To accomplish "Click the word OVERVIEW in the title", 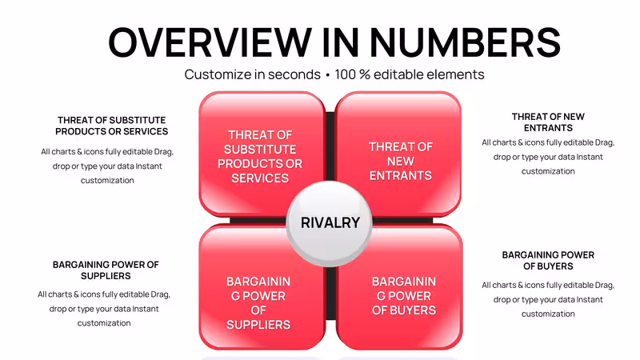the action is click(x=210, y=42).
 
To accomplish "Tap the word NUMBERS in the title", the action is click(x=465, y=42).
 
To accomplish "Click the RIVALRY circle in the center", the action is click(x=330, y=223).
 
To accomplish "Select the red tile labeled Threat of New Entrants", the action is click(x=398, y=154).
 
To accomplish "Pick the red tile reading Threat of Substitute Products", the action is click(x=262, y=154).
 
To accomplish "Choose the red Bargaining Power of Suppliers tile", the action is click(x=262, y=287).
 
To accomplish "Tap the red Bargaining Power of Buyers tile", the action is click(x=399, y=287).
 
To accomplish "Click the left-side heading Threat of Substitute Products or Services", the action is click(x=111, y=126).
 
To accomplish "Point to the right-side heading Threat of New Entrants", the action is click(x=548, y=122).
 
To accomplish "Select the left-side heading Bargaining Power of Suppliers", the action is click(x=106, y=270).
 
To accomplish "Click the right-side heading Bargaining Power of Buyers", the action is click(x=548, y=261).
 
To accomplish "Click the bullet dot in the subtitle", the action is click(x=327, y=75).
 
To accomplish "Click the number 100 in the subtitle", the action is click(x=345, y=74).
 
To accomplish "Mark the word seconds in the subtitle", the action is click(x=294, y=74).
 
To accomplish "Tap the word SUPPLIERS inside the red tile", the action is click(x=258, y=325).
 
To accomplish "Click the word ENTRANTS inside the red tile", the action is click(x=401, y=175).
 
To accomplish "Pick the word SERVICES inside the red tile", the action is click(x=260, y=178).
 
